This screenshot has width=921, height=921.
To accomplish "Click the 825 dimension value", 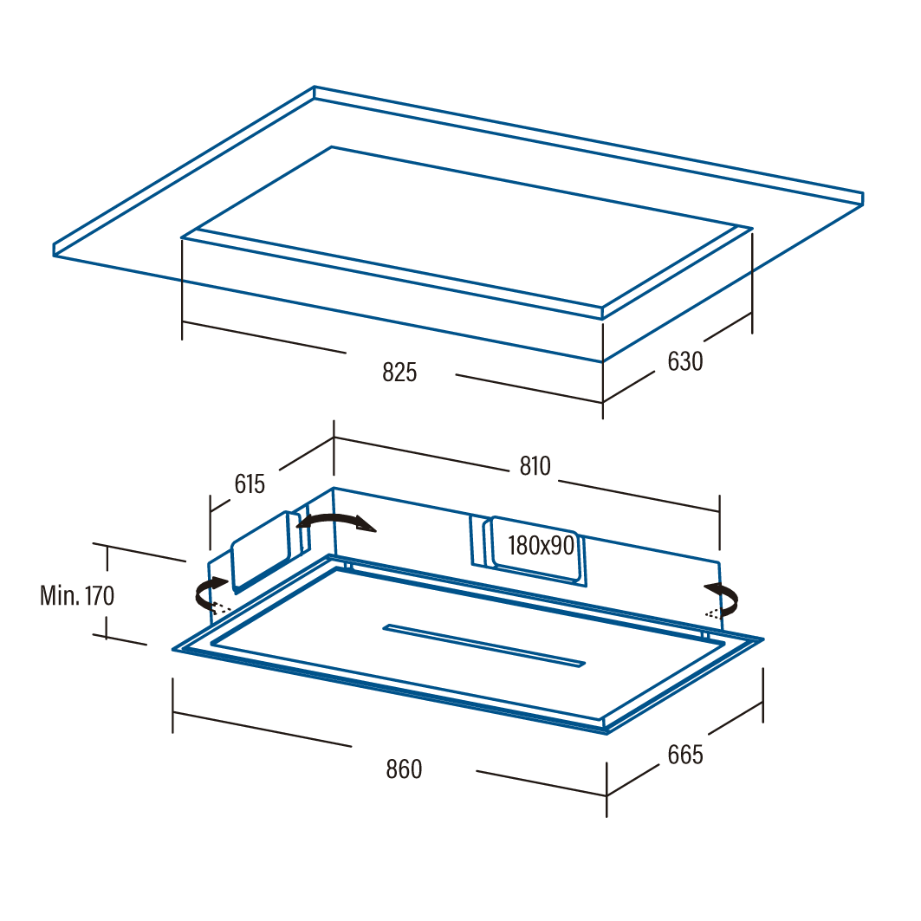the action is pos(399,373).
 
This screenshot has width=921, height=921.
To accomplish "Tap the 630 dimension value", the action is pos(684,361).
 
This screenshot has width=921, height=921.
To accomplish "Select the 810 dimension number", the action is pos(535,466).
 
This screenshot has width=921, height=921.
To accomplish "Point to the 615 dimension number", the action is pos(250,484).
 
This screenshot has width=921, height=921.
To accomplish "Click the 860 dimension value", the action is pos(404,769).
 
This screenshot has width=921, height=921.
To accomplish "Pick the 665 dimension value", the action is pos(684,755).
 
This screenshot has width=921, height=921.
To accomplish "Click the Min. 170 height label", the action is pos(77,595).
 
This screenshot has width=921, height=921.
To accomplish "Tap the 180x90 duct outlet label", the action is pos(541,546).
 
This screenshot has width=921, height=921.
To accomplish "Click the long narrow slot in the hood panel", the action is pos(484,645).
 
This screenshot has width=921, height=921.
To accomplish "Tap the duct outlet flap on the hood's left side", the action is pos(260,549).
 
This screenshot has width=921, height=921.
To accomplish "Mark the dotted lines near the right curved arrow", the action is pos(711,613).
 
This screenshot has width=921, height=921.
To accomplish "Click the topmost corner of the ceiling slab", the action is pos(315,87).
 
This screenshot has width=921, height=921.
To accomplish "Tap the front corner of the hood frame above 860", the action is pos(606,732).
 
